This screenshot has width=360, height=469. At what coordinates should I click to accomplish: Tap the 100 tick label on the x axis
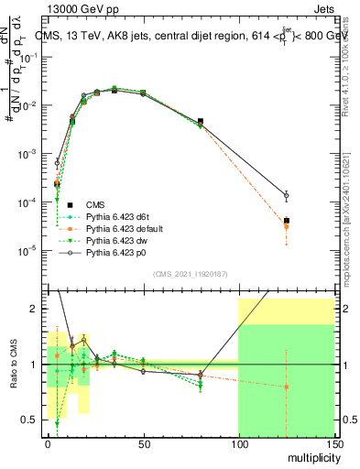(238, 445)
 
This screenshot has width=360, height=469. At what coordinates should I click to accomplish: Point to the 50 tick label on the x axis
(143, 445)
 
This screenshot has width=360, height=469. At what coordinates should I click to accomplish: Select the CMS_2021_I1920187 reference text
(189, 274)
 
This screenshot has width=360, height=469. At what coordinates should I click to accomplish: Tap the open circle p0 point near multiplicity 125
(287, 195)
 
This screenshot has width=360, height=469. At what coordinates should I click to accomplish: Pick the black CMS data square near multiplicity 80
(201, 121)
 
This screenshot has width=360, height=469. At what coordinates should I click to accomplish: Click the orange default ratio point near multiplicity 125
(287, 387)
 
